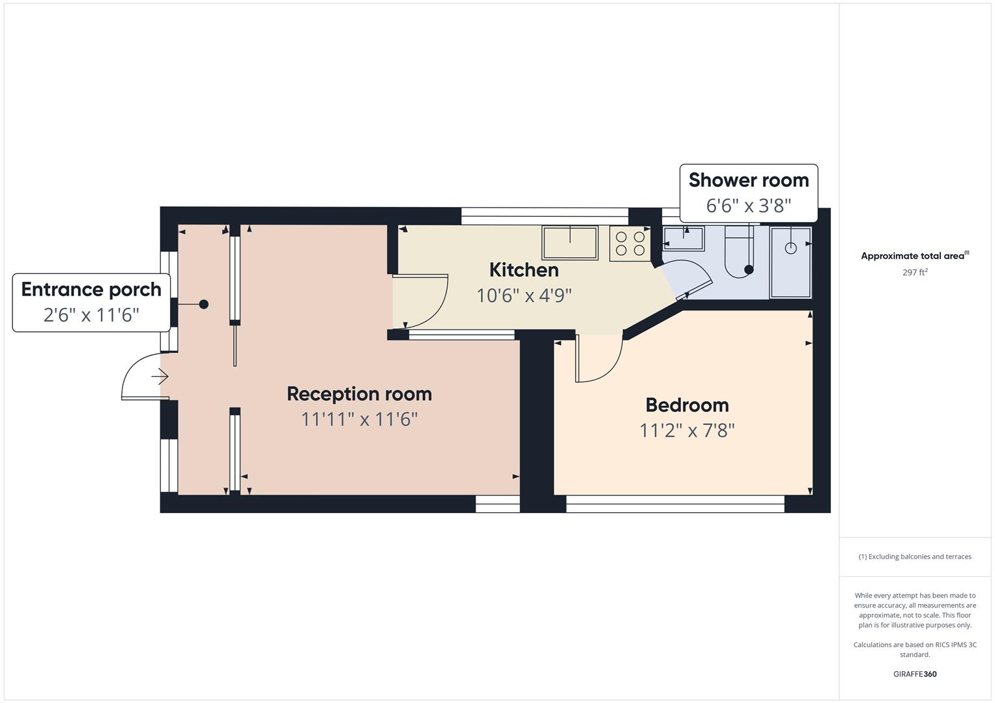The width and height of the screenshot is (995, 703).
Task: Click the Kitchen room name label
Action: [x=524, y=269]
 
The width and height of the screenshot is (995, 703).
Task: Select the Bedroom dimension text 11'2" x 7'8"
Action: [x=687, y=430]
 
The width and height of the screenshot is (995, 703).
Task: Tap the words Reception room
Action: [x=359, y=394]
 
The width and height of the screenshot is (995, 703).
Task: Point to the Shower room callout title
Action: [x=749, y=180]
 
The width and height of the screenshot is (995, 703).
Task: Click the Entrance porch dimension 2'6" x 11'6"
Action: [x=91, y=315]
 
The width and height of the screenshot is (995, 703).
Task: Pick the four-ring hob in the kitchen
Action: [x=629, y=243]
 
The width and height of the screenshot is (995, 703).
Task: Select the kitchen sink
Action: [x=570, y=243]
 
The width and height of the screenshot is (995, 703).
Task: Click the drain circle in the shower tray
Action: [x=790, y=248]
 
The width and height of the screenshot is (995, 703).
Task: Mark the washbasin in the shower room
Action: [x=684, y=238]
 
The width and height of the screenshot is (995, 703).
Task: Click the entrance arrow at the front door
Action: [x=160, y=376]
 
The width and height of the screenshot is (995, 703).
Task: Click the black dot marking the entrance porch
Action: [x=204, y=304]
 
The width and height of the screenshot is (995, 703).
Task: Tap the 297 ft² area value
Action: [x=915, y=273]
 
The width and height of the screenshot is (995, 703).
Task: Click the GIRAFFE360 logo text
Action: [x=915, y=674]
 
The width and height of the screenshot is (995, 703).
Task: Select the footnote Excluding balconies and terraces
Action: [x=915, y=557]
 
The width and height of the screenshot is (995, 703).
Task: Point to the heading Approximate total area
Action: [x=914, y=256]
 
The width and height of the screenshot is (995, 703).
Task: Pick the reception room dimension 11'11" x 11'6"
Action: [x=359, y=419]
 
